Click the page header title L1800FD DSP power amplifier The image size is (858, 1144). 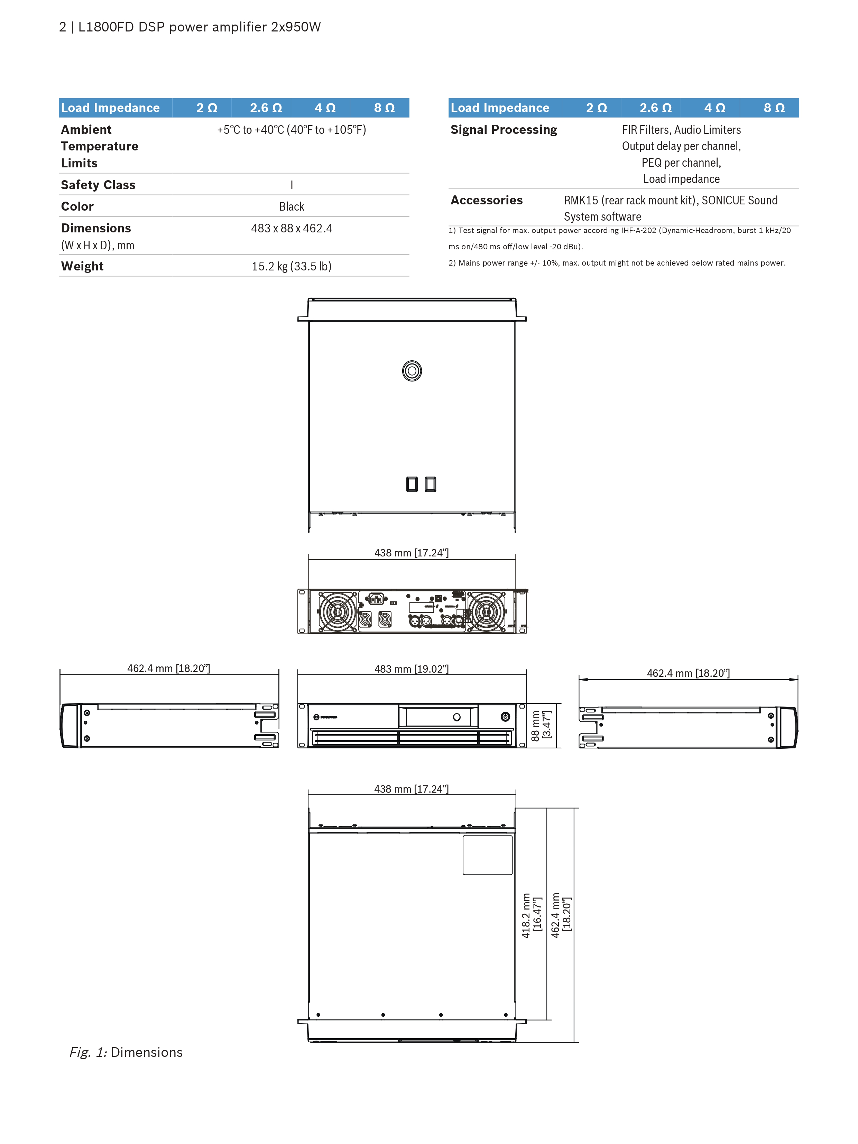(199, 27)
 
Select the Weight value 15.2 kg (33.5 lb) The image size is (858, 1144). (292, 266)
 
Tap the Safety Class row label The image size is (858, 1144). (98, 185)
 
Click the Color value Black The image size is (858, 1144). (292, 206)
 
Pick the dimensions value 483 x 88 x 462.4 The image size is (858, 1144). (292, 228)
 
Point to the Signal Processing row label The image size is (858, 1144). (504, 130)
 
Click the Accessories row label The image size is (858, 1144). (487, 200)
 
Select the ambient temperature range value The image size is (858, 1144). (292, 130)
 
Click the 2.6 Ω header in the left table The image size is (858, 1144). (266, 108)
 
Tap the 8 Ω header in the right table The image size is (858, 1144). (774, 108)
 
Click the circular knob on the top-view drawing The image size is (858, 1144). (412, 371)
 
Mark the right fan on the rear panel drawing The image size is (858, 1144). (486, 612)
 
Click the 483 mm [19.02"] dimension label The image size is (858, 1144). (412, 669)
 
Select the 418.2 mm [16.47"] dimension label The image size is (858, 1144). (532, 915)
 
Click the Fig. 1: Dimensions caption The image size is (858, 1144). (126, 1052)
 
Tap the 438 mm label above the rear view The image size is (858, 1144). (412, 553)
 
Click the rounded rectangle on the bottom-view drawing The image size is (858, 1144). (488, 855)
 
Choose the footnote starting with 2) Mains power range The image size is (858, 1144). (617, 263)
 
